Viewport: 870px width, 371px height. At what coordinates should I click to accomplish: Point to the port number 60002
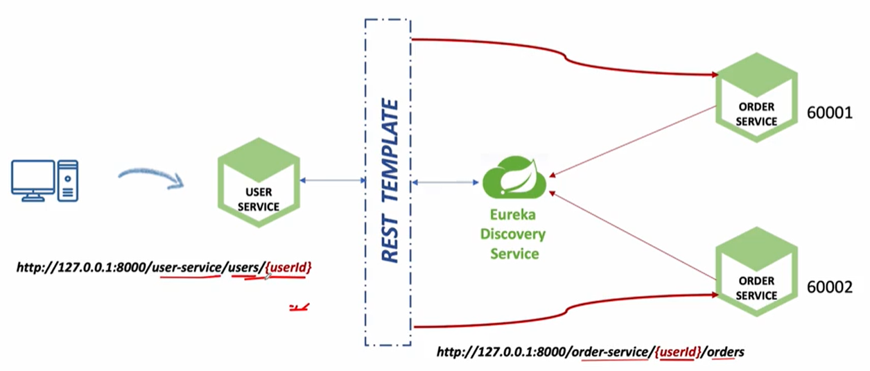pos(830,286)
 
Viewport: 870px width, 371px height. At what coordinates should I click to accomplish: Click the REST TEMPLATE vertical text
pos(390,182)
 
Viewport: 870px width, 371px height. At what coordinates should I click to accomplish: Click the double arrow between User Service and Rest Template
pos(333,181)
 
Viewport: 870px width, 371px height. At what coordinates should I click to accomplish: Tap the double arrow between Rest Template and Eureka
pos(446,183)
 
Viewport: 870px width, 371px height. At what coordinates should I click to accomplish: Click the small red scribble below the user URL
pos(299,306)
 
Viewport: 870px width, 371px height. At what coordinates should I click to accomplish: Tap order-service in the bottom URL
pos(609,352)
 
